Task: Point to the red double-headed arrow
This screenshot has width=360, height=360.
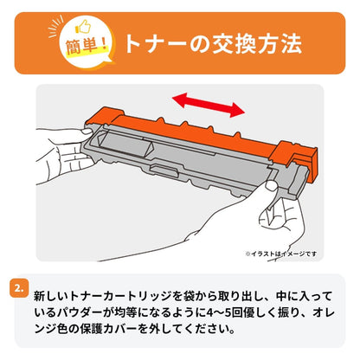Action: tap(205, 106)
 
